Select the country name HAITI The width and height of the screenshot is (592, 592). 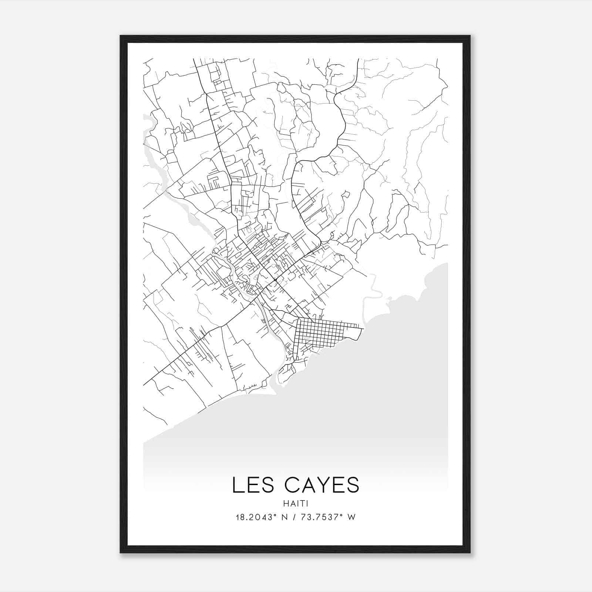296,504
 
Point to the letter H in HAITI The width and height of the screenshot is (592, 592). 285,504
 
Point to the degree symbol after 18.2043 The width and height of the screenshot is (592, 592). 275,515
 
